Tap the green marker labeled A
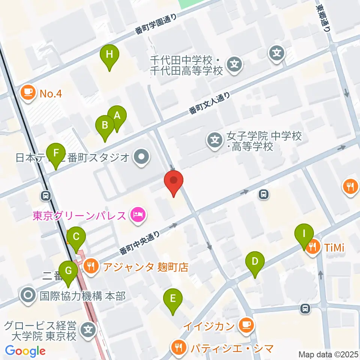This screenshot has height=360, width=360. (117, 116)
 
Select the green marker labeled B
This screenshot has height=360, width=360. (105, 125)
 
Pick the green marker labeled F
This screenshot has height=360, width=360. (56, 153)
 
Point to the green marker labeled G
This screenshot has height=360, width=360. (68, 271)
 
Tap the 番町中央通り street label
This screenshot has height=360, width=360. (141, 241)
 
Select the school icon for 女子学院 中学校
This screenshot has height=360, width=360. (214, 141)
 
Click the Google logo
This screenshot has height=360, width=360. (25, 351)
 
